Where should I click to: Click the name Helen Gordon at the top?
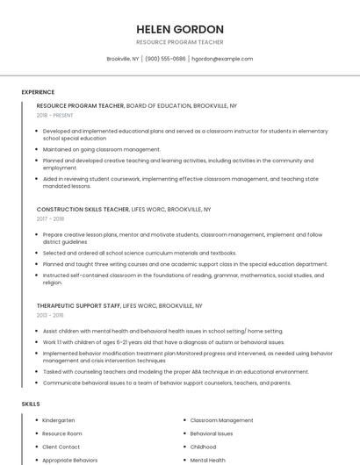(x=180, y=29)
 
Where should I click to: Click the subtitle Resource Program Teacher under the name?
(x=180, y=42)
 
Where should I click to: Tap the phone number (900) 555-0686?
(x=165, y=59)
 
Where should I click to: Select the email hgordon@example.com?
(x=222, y=59)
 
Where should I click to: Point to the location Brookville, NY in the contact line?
(x=123, y=59)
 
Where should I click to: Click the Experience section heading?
(x=38, y=92)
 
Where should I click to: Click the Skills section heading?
(x=31, y=404)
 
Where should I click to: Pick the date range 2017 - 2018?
(x=50, y=219)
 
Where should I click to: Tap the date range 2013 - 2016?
(x=50, y=315)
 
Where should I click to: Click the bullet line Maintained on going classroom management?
(x=102, y=149)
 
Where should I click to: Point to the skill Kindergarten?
(x=59, y=420)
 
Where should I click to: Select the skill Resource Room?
(x=62, y=433)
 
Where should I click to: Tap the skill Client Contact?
(x=61, y=447)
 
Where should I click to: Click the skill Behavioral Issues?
(x=212, y=433)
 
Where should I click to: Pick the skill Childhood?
(x=203, y=447)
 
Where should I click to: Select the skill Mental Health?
(x=207, y=460)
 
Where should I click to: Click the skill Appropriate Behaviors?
(x=70, y=460)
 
